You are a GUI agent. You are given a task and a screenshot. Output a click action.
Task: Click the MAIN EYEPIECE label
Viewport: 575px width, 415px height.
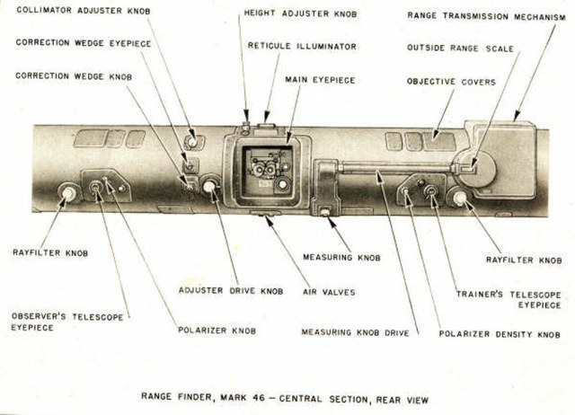320,80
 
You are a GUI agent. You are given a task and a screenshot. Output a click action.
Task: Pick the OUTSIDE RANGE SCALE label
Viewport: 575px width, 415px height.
460,48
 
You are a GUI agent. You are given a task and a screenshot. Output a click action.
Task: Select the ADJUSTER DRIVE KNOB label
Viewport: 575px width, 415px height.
231,291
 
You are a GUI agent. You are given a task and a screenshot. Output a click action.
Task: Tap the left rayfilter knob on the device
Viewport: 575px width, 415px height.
67,193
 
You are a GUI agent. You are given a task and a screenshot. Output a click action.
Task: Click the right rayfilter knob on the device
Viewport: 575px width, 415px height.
460,198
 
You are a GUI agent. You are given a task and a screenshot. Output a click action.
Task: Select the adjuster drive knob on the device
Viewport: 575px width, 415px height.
210,187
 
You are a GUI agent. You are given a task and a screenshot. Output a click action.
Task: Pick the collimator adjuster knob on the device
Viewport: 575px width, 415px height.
190,141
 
